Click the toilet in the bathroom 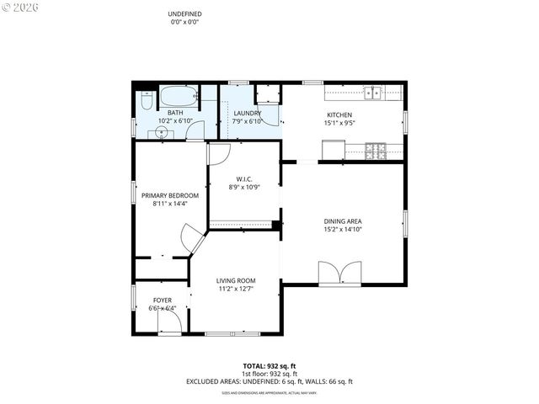point(147,101)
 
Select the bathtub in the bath point(178,95)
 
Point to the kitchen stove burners point(376,151)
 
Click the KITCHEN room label point(339,115)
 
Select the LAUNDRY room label point(247,113)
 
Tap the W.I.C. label point(244,178)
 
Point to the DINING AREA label point(343,221)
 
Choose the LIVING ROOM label point(235,280)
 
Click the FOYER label point(163,300)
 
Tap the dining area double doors point(339,273)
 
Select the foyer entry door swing point(169,325)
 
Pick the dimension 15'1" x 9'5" point(339,124)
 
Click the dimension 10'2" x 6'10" point(175,121)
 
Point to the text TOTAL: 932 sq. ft point(269,366)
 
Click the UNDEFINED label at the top point(184,14)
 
